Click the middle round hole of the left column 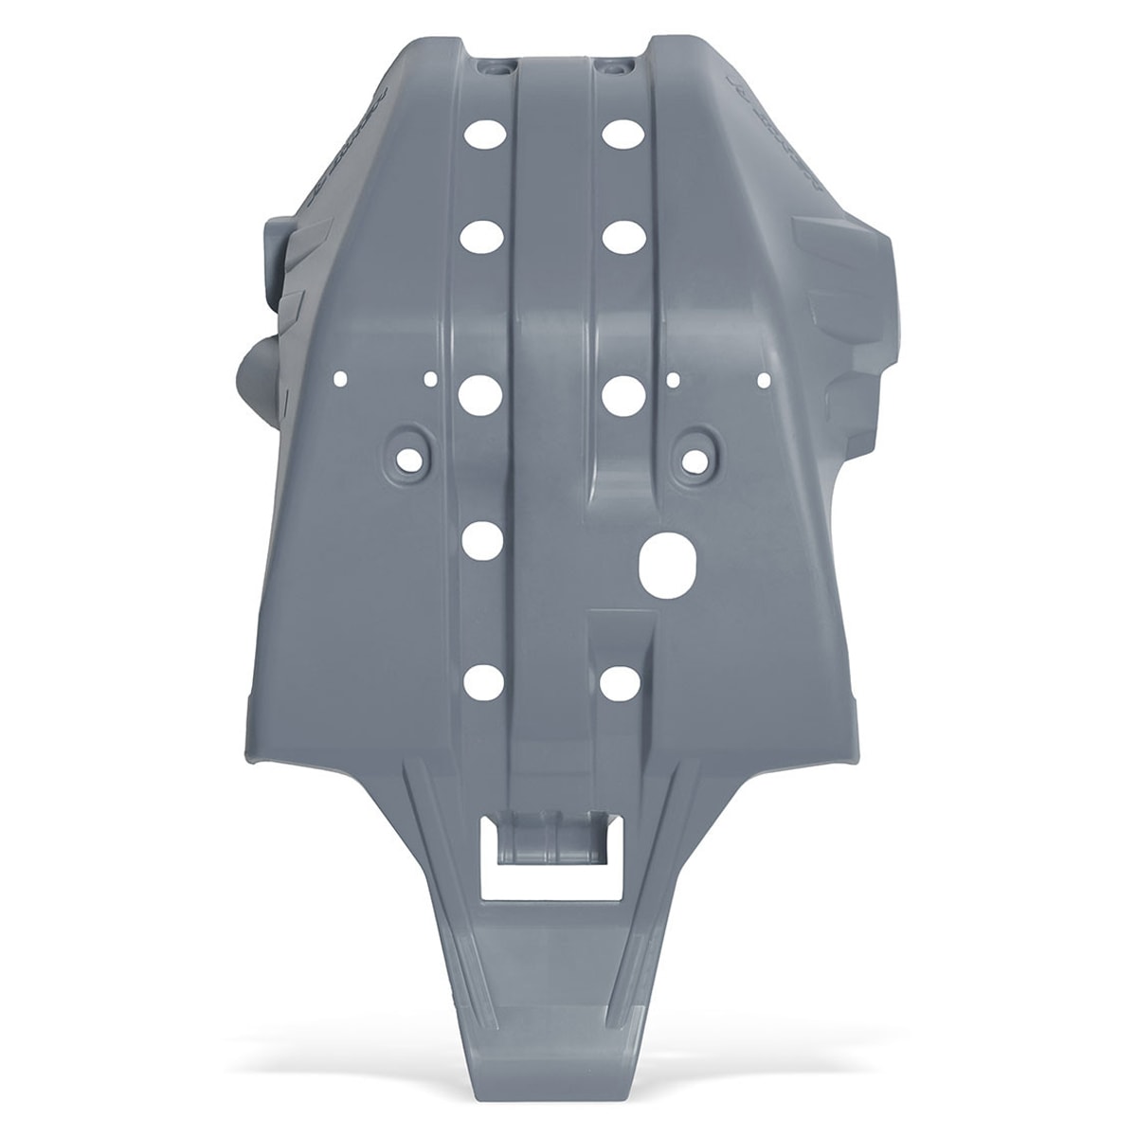pos(480,391)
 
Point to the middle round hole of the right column pos(623,391)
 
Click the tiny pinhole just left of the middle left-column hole pos(431,379)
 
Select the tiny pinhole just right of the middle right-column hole pos(673,379)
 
